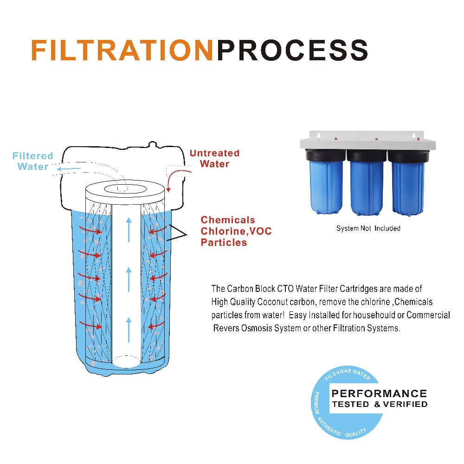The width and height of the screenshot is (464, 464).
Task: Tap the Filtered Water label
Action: click(32, 161)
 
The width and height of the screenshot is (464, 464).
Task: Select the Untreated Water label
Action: click(214, 158)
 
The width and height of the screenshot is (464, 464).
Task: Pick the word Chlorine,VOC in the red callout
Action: click(236, 231)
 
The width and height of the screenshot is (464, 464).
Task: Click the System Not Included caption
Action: click(368, 228)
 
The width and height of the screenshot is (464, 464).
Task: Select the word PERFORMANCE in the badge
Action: click(379, 393)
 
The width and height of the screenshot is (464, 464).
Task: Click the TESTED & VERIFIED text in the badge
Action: click(379, 404)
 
